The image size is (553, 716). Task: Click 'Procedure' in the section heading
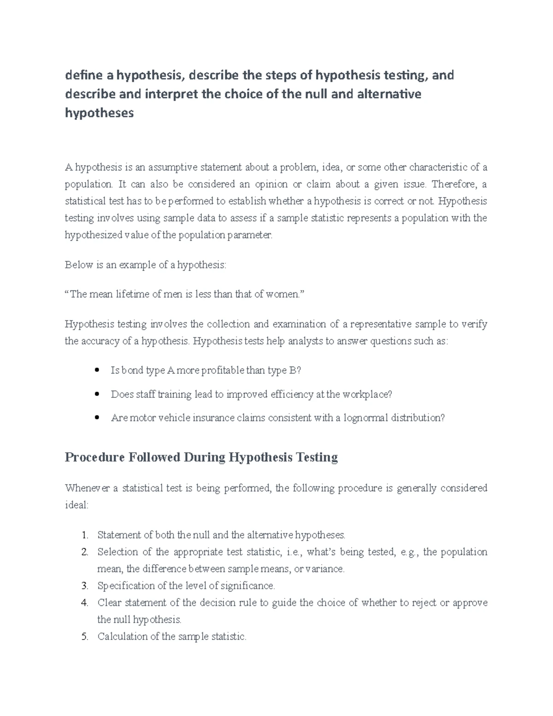tap(94, 457)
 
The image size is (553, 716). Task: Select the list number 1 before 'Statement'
tap(84, 535)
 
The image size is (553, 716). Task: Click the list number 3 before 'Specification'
tap(84, 586)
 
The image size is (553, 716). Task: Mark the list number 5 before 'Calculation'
tap(84, 637)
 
